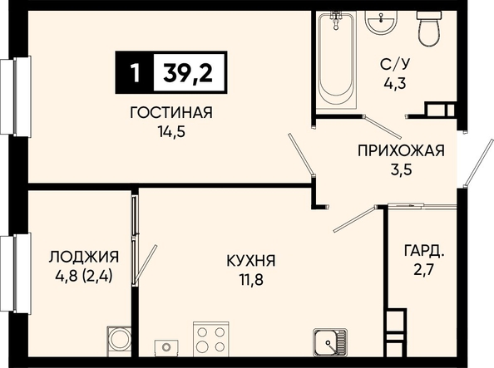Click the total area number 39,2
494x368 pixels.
point(188,72)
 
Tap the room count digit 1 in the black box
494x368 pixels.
point(135,73)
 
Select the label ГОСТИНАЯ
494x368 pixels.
point(171,113)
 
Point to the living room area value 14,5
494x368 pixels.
point(171,131)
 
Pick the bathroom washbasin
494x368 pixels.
point(381,21)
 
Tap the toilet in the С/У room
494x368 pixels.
point(428,27)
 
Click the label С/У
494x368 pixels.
point(395,64)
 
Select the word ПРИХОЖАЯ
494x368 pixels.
point(401,151)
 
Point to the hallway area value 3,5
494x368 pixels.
point(401,170)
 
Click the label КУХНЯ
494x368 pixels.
point(251,261)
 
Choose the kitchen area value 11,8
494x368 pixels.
point(251,280)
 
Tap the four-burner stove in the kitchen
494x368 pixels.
point(210,339)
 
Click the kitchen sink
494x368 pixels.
point(330,342)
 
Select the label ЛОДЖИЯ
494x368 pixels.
point(84,257)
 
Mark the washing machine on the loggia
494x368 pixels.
point(119,341)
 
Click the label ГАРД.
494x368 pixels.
point(424,251)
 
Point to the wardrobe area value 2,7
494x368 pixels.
point(424,270)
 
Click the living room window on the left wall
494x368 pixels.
point(16,96)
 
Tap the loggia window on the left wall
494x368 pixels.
point(16,273)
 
